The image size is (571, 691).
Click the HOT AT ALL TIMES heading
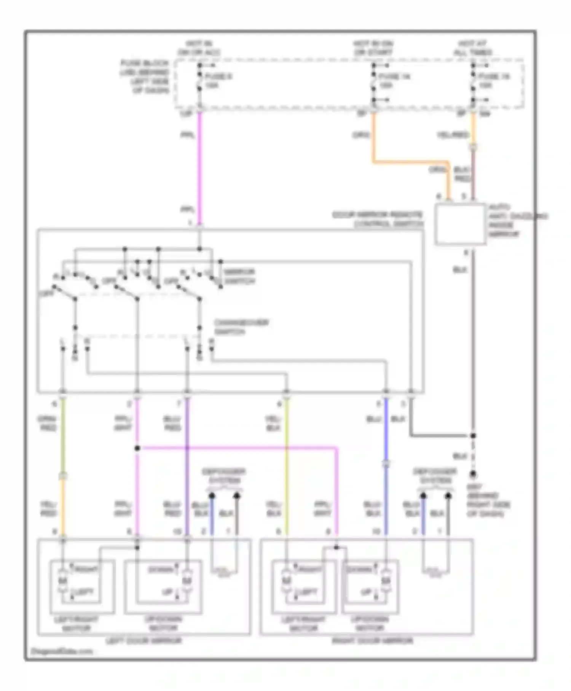(x=472, y=48)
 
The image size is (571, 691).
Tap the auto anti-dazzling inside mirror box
(x=460, y=224)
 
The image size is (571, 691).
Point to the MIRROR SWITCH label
(x=239, y=277)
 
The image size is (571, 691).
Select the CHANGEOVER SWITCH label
(x=241, y=327)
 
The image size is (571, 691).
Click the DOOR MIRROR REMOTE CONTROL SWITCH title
(x=378, y=219)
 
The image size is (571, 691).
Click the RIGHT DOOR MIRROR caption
(x=372, y=641)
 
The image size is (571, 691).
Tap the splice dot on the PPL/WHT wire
(x=137, y=448)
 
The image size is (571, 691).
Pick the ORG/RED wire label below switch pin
(x=47, y=423)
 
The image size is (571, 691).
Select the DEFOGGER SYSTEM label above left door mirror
(x=224, y=476)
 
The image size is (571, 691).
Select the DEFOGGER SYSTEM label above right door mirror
(x=435, y=476)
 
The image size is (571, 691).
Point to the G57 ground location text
(x=487, y=500)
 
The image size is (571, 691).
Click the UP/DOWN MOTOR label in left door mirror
(x=164, y=623)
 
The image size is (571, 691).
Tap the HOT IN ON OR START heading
(x=373, y=48)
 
